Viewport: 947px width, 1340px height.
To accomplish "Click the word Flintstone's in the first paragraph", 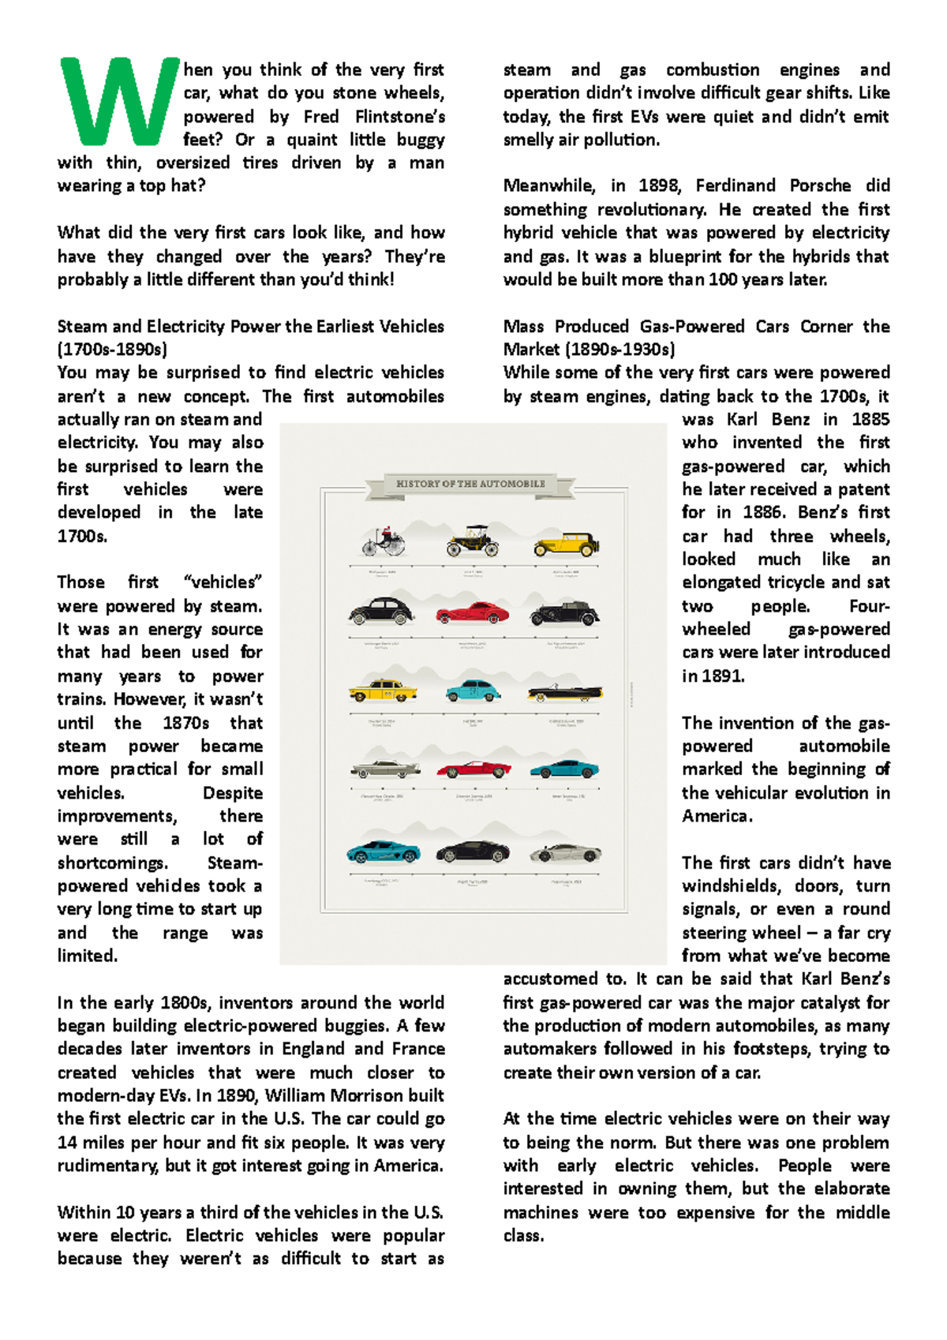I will click(x=399, y=117).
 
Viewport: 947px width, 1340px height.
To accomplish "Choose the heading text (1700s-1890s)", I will click(x=112, y=350).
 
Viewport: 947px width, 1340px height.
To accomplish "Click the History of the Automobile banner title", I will click(x=470, y=484).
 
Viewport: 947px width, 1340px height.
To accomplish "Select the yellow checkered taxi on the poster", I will click(x=383, y=691).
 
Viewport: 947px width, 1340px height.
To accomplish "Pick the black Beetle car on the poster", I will click(x=382, y=612).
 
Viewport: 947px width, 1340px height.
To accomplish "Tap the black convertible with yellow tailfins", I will click(x=565, y=693).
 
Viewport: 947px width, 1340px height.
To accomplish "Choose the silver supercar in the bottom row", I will click(x=565, y=854).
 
